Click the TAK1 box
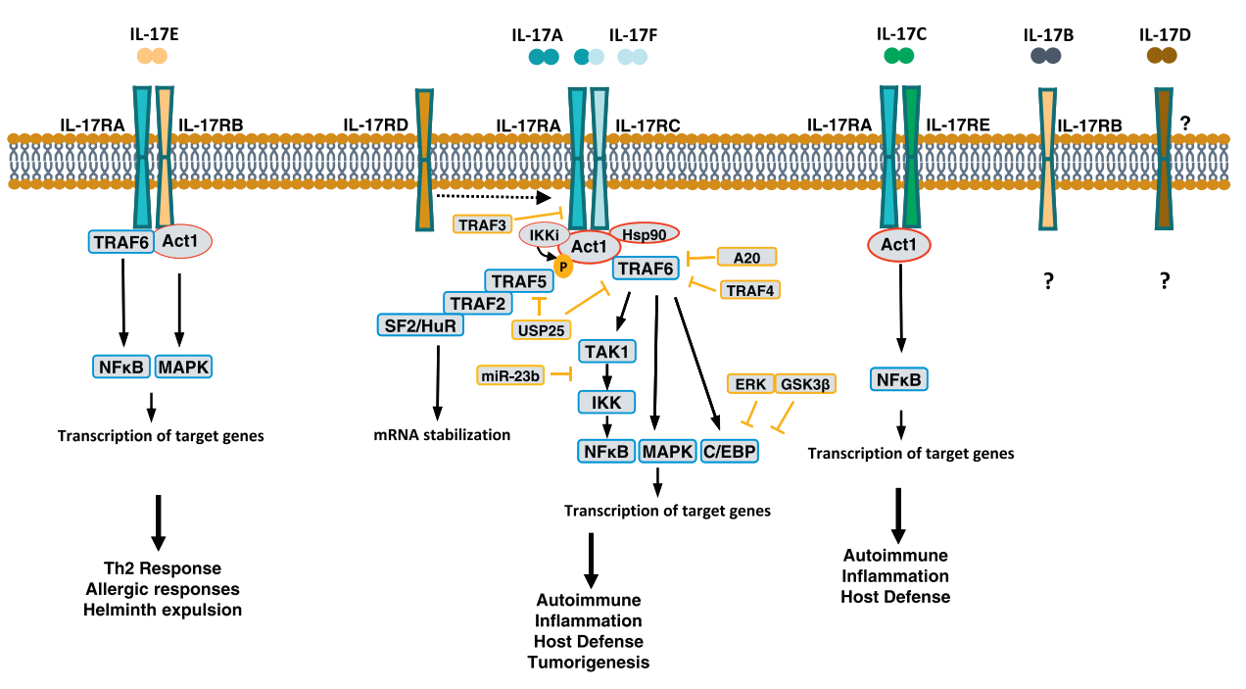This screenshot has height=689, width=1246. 607,351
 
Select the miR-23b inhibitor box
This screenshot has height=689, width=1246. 510,374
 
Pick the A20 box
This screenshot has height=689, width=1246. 746,257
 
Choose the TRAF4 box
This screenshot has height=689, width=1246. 750,289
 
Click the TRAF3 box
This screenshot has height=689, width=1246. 484,223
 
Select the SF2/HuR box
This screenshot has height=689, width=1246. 419,324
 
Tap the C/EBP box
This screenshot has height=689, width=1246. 731,451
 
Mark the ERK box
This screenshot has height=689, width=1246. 750,384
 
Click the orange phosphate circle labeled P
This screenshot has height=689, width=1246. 563,265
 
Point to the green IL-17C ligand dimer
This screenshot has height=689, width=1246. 899,56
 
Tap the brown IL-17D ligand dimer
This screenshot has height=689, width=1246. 1162,56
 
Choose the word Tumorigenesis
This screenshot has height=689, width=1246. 589,662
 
